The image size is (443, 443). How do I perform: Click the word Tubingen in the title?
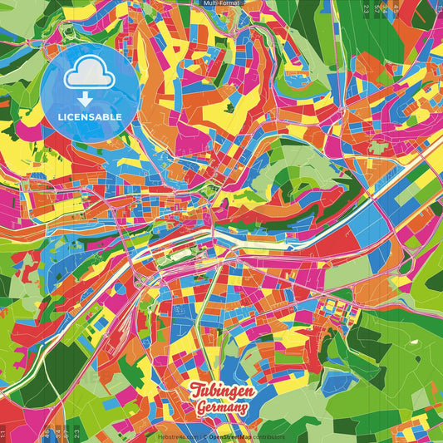[221, 391]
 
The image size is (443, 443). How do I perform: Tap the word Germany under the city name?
[221, 408]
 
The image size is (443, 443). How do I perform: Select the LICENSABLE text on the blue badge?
[90, 116]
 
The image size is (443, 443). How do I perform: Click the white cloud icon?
[90, 75]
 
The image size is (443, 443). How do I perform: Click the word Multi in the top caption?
[211, 4]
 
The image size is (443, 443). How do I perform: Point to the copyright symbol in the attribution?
[203, 436]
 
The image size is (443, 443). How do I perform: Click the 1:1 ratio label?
[3, 434]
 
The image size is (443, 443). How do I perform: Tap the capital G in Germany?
[202, 407]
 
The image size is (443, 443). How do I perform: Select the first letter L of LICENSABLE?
[60, 116]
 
